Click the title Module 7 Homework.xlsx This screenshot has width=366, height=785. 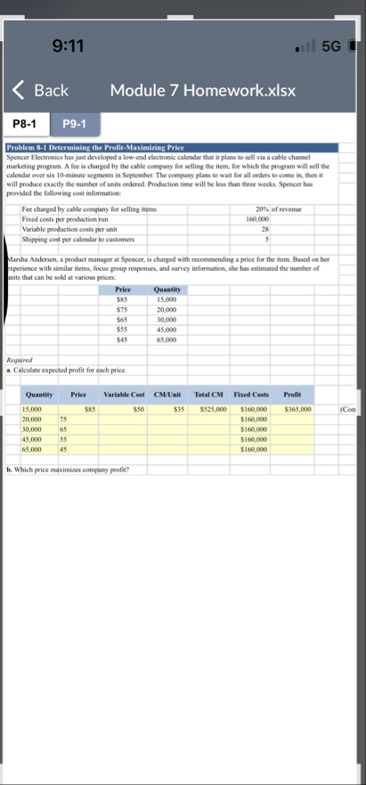pos(202,91)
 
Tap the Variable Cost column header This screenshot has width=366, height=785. pos(124,394)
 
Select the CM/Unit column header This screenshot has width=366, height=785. pos(167,394)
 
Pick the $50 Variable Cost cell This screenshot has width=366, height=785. pos(138,409)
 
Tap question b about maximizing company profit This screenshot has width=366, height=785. pos(67,469)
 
